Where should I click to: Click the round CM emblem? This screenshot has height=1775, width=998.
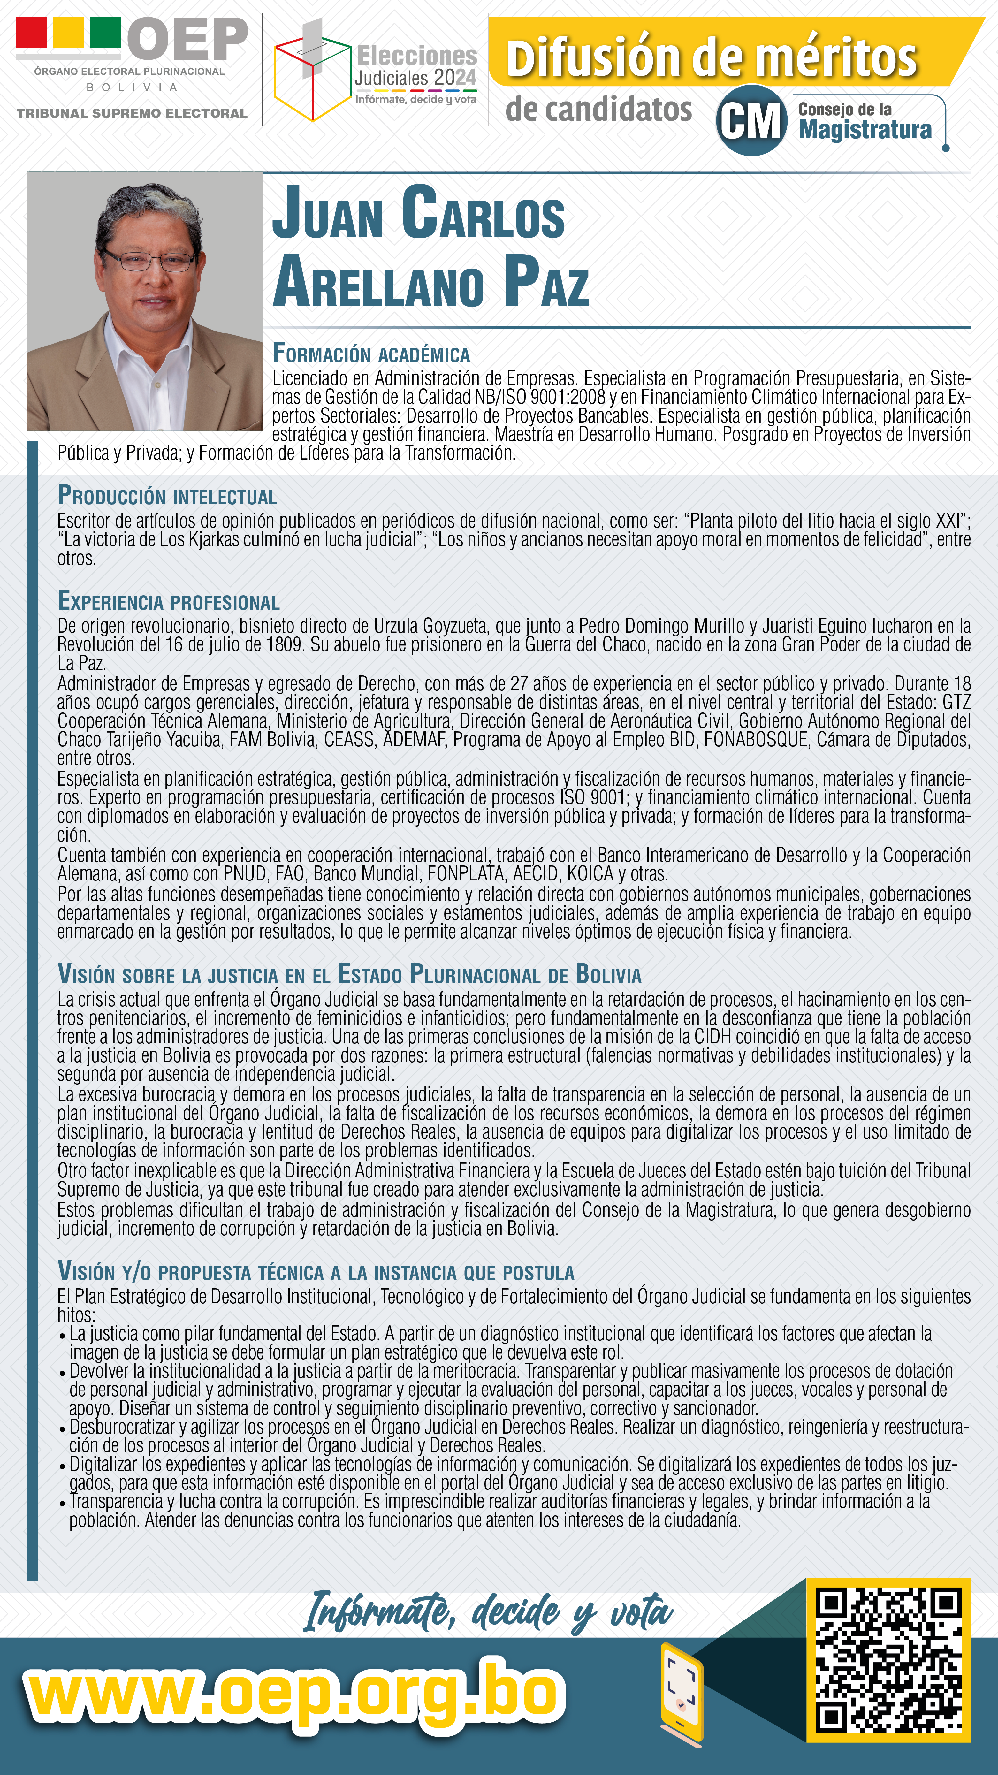751,121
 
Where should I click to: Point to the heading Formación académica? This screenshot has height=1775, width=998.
371,354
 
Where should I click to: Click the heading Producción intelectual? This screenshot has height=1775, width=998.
167,496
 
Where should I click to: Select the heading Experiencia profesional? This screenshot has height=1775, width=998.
168,602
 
